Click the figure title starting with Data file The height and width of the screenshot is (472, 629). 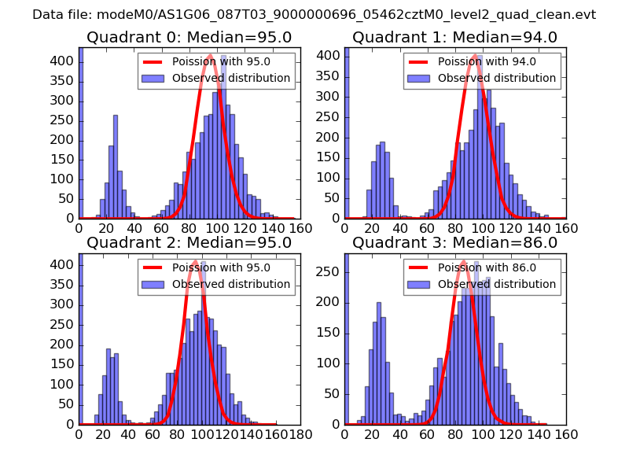coord(314,14)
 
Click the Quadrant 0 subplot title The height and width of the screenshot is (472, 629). coord(189,37)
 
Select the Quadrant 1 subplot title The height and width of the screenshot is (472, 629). coord(454,37)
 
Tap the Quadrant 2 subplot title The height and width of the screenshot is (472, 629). coord(189,242)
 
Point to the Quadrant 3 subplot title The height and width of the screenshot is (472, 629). coord(454,242)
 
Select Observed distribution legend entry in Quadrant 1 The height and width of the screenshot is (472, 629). coord(496,78)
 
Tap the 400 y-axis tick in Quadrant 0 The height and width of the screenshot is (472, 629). coord(64,61)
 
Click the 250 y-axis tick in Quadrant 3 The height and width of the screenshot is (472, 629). coord(329,271)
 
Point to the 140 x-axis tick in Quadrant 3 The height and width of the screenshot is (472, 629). coord(539,433)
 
